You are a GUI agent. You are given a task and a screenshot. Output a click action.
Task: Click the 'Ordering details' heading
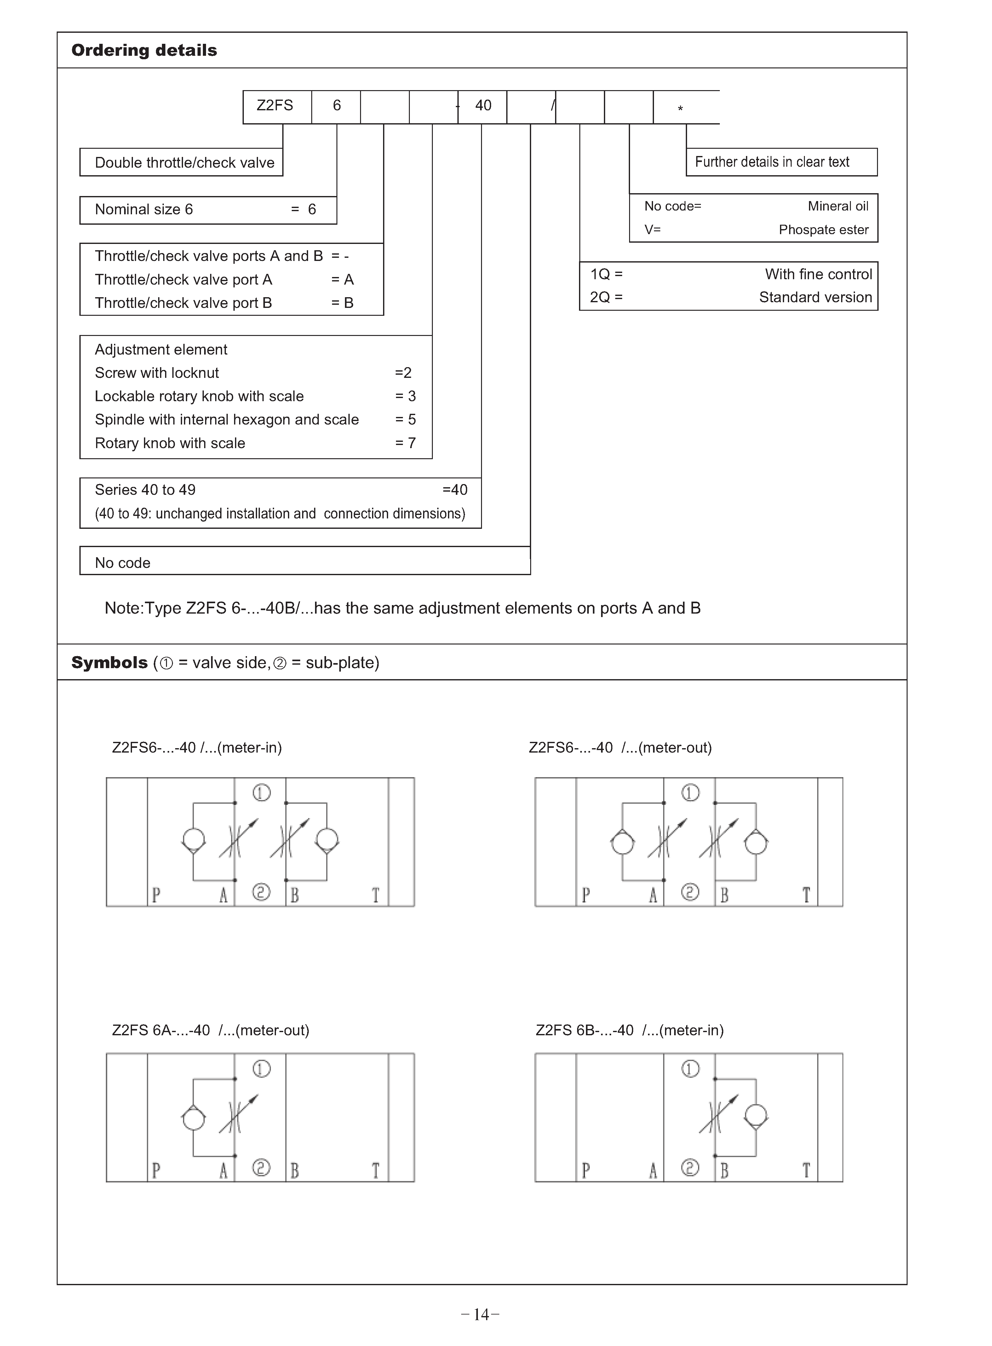click(x=144, y=50)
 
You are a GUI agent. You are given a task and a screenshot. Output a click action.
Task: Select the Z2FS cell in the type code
click(x=275, y=106)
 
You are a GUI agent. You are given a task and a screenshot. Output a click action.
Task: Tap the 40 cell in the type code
click(x=483, y=106)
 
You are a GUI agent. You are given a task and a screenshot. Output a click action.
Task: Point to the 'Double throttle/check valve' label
click(x=184, y=163)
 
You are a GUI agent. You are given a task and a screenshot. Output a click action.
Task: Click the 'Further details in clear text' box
click(x=772, y=162)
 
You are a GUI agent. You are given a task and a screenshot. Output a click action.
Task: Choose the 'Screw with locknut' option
click(x=157, y=373)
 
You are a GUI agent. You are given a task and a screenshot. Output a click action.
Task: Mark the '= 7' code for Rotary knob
click(x=405, y=443)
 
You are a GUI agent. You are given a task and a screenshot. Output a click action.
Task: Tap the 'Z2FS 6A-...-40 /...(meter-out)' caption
click(x=210, y=1031)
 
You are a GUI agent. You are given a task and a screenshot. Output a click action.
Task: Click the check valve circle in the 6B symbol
click(x=755, y=1117)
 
